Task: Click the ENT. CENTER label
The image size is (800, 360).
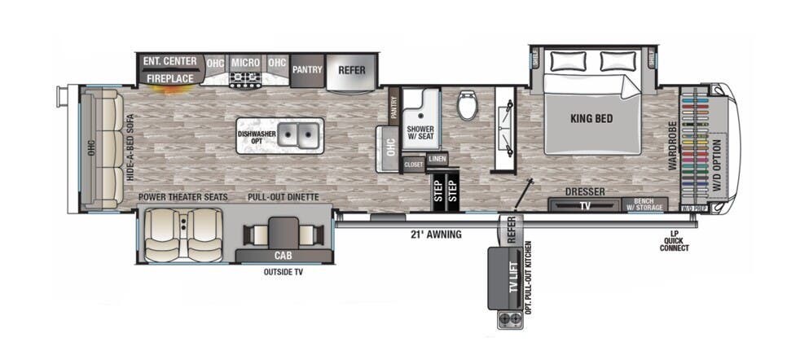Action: [169, 61]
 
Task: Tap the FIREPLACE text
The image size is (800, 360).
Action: [169, 78]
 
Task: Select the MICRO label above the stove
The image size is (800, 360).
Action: [245, 62]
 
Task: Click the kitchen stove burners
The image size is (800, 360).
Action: [245, 79]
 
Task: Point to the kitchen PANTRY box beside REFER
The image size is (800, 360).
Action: [307, 69]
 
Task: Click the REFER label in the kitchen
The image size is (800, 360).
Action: [352, 69]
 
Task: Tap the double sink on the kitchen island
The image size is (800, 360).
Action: [298, 135]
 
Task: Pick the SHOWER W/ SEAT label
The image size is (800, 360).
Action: [421, 133]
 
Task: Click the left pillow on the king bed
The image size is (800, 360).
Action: [569, 60]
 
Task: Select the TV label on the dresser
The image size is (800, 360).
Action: [586, 206]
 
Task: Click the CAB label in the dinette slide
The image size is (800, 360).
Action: [284, 255]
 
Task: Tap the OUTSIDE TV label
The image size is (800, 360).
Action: [283, 272]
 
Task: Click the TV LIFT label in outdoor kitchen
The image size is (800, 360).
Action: [512, 279]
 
